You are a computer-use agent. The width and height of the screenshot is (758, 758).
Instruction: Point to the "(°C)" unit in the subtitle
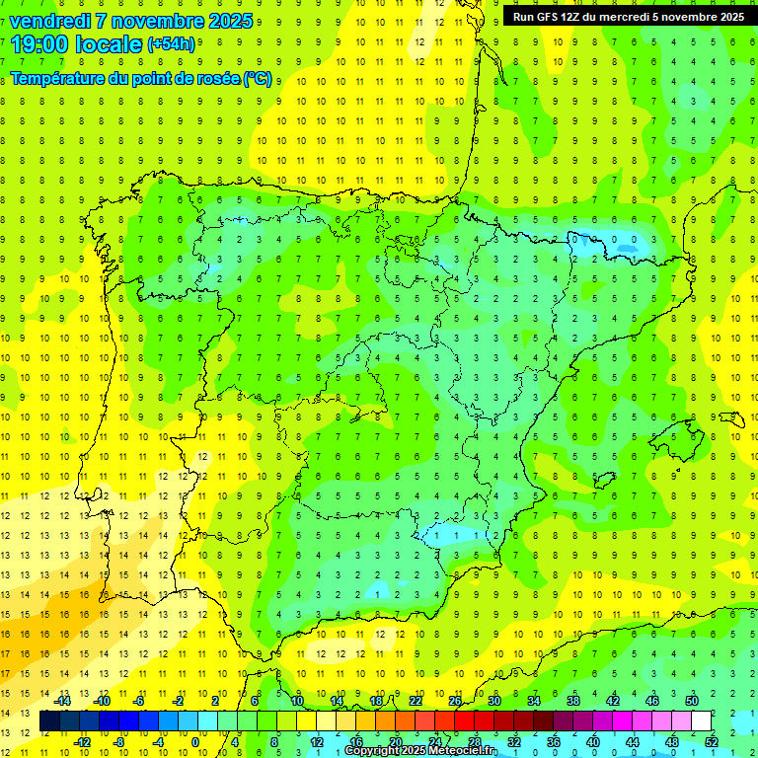point(259,78)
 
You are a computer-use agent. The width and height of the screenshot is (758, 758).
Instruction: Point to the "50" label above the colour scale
point(692,700)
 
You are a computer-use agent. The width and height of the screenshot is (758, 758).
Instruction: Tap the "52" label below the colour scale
point(712,741)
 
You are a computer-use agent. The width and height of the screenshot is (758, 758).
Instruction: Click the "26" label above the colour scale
point(455,700)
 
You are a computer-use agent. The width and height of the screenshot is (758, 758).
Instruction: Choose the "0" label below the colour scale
point(195,741)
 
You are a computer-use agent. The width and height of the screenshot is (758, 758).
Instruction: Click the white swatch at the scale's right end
point(701,721)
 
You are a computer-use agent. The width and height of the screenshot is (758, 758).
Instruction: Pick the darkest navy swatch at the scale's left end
point(49,721)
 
